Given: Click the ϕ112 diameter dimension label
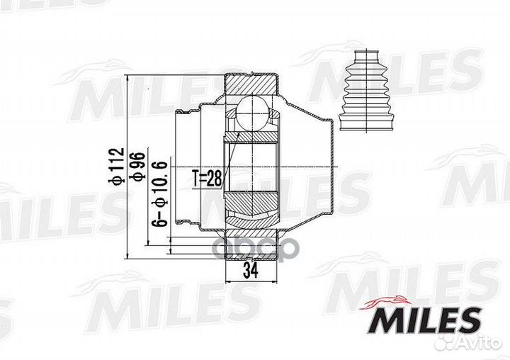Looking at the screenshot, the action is tap(116, 166).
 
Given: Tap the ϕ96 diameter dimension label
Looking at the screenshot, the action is tap(137, 166).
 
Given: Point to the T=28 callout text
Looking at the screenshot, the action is tap(207, 179).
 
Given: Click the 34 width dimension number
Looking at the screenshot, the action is tap(251, 270).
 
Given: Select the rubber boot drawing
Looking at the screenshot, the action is tap(367, 91).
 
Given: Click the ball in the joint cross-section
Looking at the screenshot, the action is tap(253, 113).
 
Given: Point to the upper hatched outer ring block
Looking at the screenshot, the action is tap(251, 84).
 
